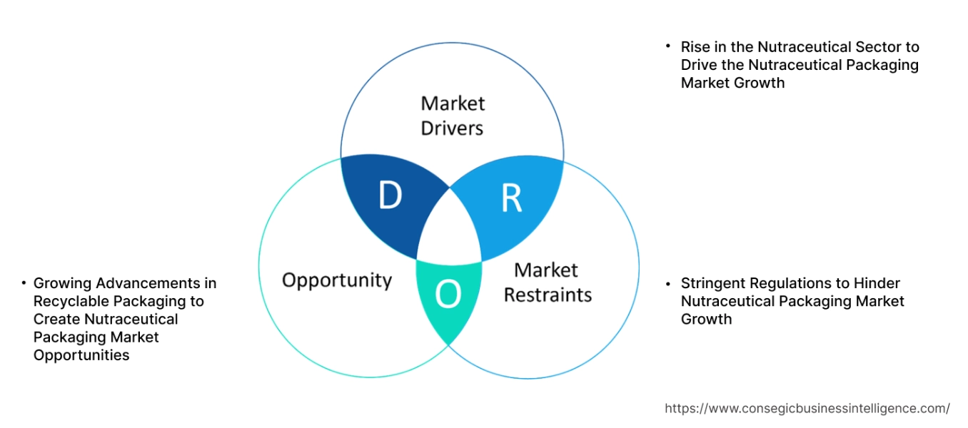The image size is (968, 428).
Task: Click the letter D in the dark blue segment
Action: point(390,196)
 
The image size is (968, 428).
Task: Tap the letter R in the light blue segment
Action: point(511,199)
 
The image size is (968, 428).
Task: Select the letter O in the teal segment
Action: point(448,295)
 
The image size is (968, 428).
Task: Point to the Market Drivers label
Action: point(452,116)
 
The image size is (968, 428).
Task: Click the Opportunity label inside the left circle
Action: point(337,280)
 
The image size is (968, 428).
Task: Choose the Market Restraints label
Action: point(548,282)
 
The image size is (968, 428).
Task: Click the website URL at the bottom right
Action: point(807,409)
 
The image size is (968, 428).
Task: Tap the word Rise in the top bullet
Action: point(695,47)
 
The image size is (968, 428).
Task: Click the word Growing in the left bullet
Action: point(61,283)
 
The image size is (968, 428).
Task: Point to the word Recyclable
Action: point(71,301)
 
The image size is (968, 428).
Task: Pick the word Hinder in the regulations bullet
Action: point(877,283)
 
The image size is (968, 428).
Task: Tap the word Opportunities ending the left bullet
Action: point(81,355)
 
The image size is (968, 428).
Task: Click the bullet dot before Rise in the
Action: point(668,46)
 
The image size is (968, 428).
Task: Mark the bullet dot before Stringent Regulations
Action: point(668,282)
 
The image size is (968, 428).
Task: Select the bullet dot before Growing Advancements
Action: point(24,282)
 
